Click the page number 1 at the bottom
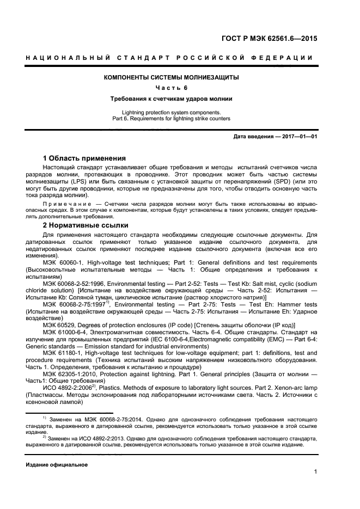tap(316, 472)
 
